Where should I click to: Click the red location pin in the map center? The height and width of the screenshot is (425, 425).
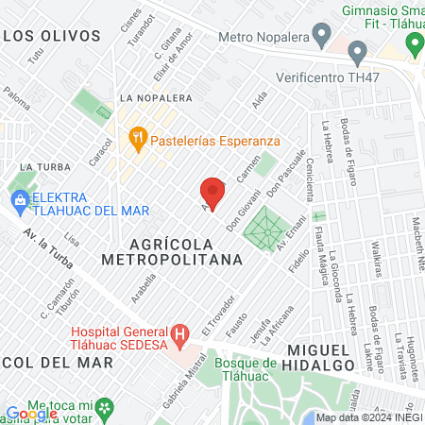point(212,192)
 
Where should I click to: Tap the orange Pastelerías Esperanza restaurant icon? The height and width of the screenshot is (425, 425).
point(138,139)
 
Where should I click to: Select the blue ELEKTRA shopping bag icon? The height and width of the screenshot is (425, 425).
point(19,198)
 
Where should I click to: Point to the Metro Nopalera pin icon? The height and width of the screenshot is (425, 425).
point(323,37)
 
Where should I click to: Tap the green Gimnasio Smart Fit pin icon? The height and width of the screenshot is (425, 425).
point(414,42)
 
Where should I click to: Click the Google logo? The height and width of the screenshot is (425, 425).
point(31,413)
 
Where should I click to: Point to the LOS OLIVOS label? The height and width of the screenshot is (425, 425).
point(51,36)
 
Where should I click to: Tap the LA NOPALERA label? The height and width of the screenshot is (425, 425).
point(156,97)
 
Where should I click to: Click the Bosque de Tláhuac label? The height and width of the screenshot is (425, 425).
point(244,369)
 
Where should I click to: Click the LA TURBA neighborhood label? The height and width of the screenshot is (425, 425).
point(39,166)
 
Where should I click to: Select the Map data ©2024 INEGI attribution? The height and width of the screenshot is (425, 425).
point(368,417)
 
